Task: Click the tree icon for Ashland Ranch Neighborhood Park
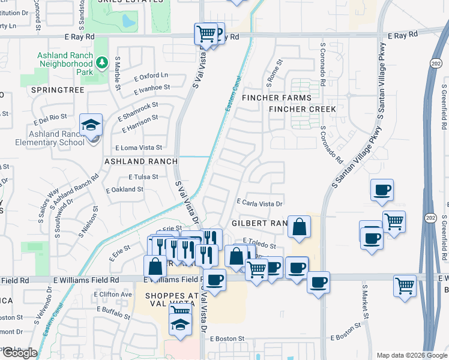[101, 62]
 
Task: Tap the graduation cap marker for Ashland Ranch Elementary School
[91, 125]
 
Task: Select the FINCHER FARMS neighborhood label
[277, 98]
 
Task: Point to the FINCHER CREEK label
[303, 109]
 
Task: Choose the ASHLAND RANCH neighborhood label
[141, 161]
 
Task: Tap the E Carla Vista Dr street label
[259, 204]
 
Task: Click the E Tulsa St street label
[143, 177]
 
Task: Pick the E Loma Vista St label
[139, 148]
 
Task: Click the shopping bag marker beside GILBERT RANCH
[299, 227]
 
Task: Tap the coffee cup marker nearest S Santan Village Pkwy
[382, 191]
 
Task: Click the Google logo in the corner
[20, 353]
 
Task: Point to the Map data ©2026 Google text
[411, 355]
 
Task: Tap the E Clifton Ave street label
[113, 295]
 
